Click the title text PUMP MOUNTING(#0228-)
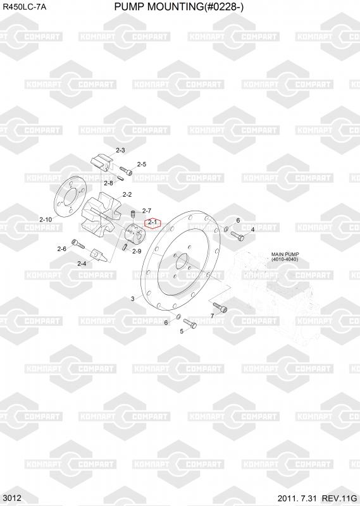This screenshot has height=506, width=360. point(178,6)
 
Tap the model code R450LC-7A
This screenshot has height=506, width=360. point(25,7)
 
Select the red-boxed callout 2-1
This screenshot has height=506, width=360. point(152,223)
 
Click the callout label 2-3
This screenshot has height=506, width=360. point(120,150)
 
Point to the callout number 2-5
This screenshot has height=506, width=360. point(142,164)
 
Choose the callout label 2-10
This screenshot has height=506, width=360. point(46,219)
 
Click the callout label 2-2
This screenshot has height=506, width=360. point(127,195)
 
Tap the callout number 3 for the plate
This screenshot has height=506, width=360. point(133,299)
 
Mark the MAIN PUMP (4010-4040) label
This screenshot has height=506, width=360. point(285,257)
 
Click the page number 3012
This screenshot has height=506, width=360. point(13,498)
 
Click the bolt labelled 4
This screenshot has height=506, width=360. point(237,236)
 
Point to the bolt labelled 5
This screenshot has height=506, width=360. point(190,323)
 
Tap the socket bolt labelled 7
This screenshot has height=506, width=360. point(220,307)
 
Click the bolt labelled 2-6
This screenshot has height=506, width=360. point(78,244)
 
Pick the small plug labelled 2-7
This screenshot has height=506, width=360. point(133,214)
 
